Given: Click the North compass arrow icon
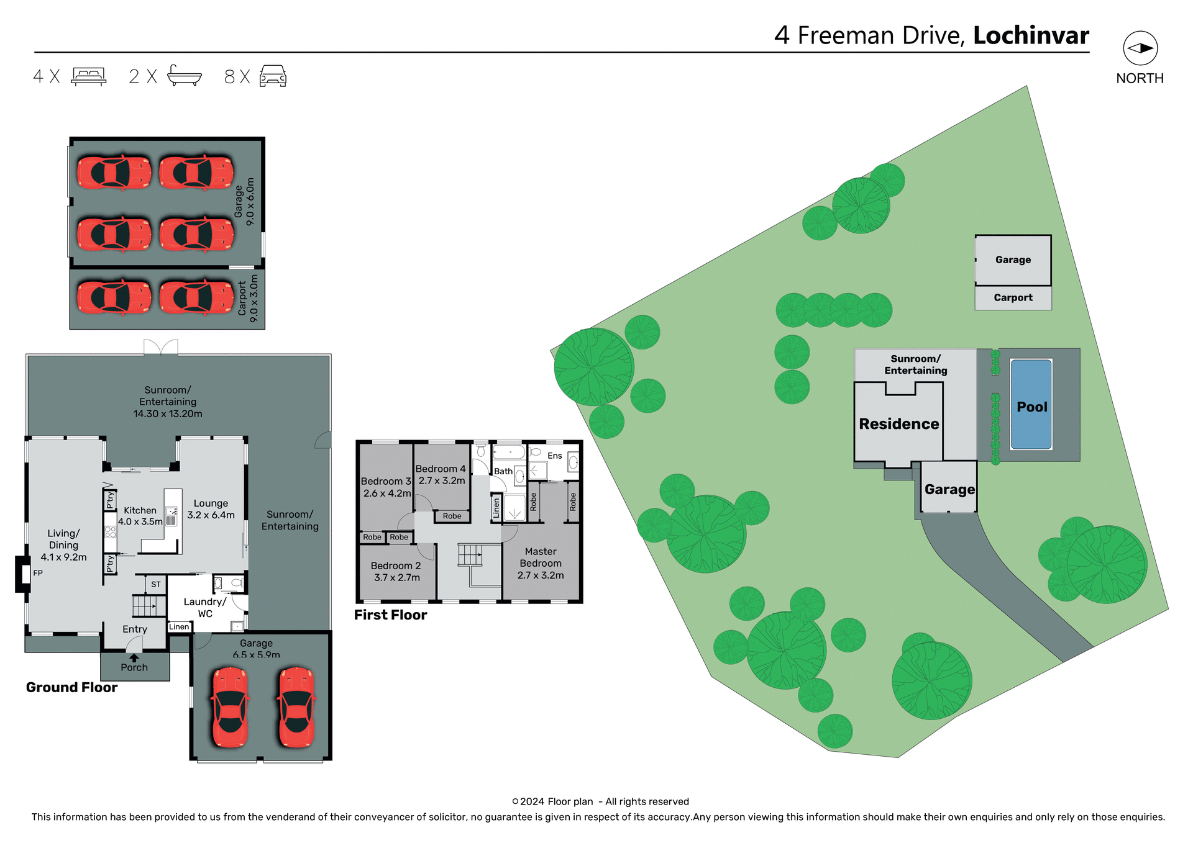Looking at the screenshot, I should tap(1140, 48).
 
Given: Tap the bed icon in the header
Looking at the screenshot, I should tap(89, 76).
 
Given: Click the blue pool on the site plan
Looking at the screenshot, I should tap(1031, 404).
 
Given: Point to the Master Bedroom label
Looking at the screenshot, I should tap(541, 557).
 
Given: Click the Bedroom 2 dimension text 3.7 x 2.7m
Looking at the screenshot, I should tap(396, 577).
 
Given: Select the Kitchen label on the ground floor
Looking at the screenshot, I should tap(140, 510).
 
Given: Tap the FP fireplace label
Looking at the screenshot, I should tap(38, 573).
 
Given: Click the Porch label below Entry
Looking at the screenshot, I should tap(134, 667).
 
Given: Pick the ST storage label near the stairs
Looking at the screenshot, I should tap(156, 584).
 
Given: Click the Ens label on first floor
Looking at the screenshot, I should tap(554, 456).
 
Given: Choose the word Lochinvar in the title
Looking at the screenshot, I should tap(1031, 35).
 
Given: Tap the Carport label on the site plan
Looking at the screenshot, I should tap(1013, 297).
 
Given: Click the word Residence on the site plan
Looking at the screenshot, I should tap(898, 424).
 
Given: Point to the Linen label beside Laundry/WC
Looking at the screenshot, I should tap(179, 627).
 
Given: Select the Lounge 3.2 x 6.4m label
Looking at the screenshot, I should tap(211, 509).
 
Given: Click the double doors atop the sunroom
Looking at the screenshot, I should tap(161, 347).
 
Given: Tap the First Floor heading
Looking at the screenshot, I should tap(390, 615).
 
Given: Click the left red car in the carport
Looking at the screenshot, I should tap(114, 297).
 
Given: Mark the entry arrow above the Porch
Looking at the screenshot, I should tap(134, 657).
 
